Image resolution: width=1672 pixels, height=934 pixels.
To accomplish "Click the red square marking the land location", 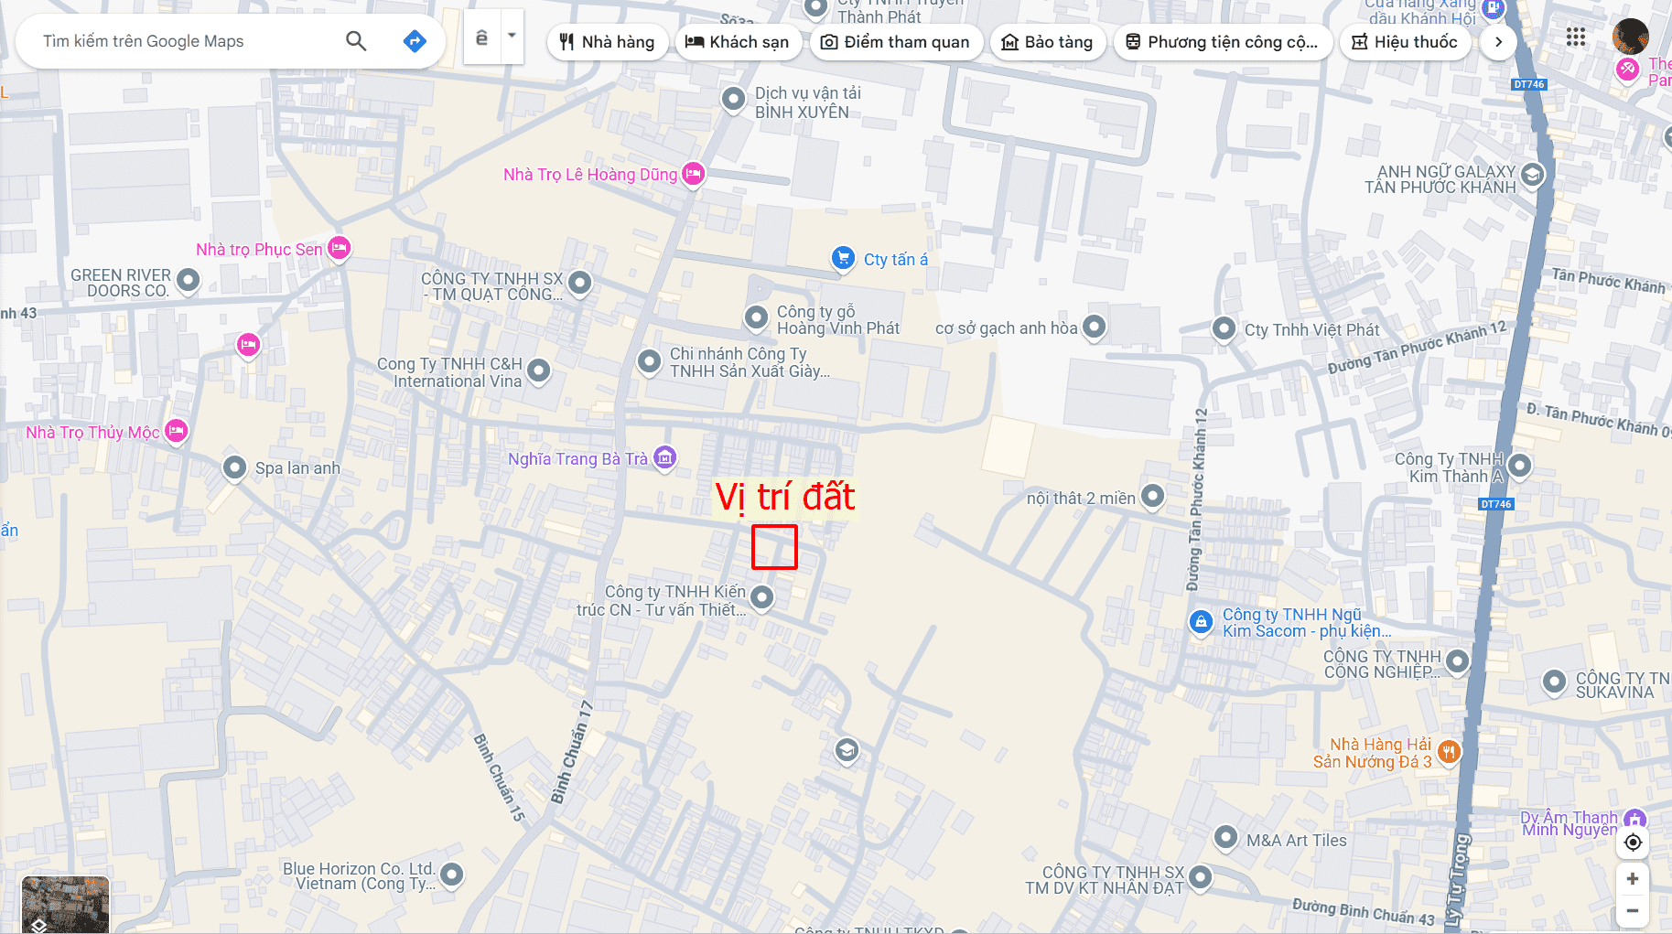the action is click(x=774, y=547).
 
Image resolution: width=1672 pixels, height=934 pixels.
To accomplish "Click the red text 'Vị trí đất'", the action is click(x=784, y=497).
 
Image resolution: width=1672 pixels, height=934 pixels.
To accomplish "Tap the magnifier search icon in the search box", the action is click(x=356, y=41).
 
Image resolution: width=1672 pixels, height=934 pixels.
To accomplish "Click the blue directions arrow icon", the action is click(x=415, y=41).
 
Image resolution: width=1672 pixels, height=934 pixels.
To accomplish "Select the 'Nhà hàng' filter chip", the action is click(x=607, y=42).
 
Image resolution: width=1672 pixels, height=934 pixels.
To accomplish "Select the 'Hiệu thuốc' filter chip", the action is click(x=1404, y=42).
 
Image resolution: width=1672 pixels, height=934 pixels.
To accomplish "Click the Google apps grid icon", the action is click(x=1575, y=38).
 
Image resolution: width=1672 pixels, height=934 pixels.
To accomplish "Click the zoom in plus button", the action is click(x=1633, y=878).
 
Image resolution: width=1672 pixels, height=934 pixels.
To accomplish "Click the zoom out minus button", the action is click(x=1633, y=910).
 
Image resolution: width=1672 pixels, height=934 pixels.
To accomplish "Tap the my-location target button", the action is click(x=1633, y=843).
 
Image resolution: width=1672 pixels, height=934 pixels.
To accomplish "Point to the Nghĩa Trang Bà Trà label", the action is click(x=577, y=459).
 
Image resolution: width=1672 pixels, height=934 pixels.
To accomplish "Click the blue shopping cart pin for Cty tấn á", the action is click(x=843, y=258).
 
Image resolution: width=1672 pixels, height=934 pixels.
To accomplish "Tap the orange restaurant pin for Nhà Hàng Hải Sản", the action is click(x=1448, y=752).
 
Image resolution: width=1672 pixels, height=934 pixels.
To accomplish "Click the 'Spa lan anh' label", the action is click(x=297, y=468).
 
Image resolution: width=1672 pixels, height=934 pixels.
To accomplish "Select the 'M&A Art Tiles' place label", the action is click(x=1296, y=841).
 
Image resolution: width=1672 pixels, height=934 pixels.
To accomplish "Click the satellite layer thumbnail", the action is click(x=65, y=904).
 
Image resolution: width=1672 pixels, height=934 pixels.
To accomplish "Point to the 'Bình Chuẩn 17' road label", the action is click(x=572, y=752).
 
